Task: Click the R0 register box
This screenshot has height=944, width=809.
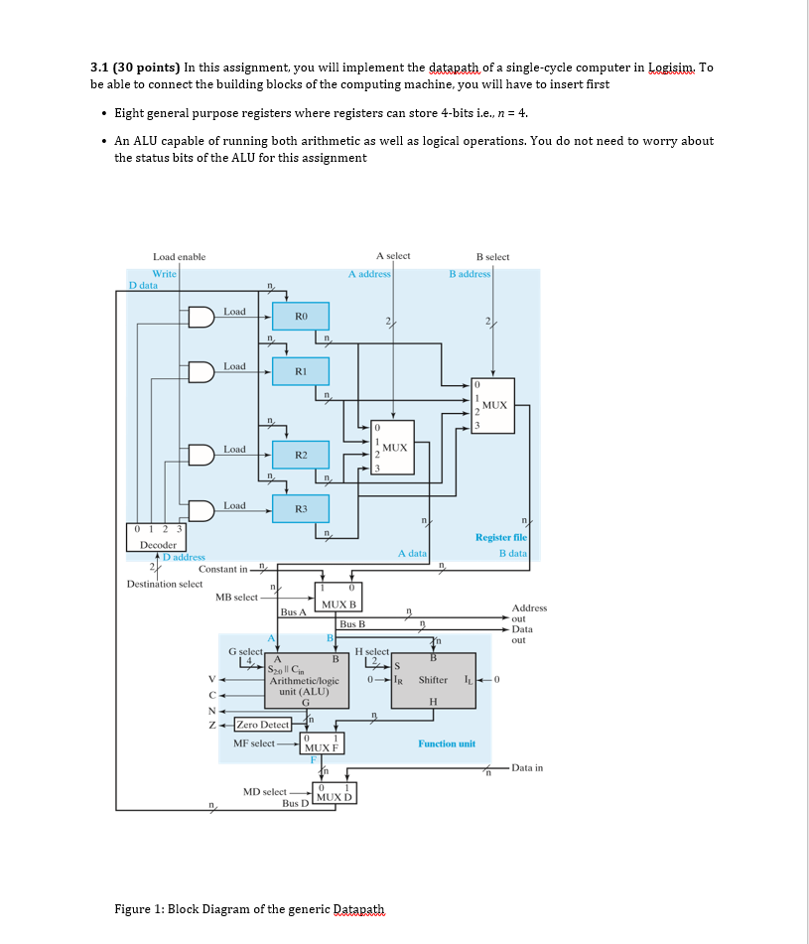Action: pos(302,317)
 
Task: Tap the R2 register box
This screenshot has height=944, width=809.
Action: pos(302,454)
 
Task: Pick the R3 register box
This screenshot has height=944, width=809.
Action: pos(302,509)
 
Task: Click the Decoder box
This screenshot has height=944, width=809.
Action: pos(158,539)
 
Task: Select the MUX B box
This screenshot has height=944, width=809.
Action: pos(338,597)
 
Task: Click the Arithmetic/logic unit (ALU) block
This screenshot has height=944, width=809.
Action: pos(308,680)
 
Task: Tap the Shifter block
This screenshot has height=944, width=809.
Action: pos(434,680)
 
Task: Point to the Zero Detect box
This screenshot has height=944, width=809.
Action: pos(262,725)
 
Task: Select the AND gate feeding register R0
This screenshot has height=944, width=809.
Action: pos(202,317)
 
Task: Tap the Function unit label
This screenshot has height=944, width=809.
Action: pos(446,743)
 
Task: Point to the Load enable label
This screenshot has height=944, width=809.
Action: pos(179,257)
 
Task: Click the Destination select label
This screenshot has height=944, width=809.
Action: pos(165,584)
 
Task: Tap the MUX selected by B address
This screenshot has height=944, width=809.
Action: pos(493,405)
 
